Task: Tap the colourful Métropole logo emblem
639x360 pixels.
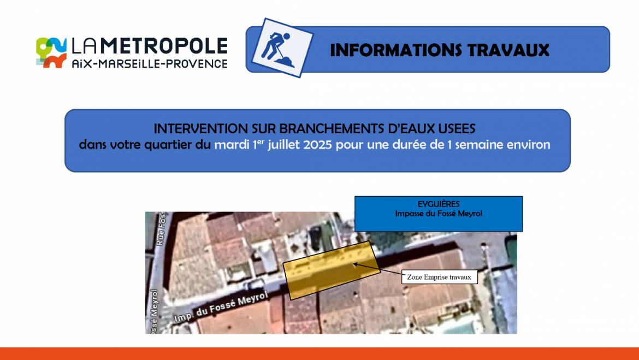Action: click(x=51, y=52)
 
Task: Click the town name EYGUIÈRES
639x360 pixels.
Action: click(x=439, y=204)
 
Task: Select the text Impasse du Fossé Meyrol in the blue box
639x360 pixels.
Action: click(x=439, y=214)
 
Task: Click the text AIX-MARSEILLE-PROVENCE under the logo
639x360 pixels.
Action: click(x=150, y=63)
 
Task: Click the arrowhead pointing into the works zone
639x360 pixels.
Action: click(x=356, y=265)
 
